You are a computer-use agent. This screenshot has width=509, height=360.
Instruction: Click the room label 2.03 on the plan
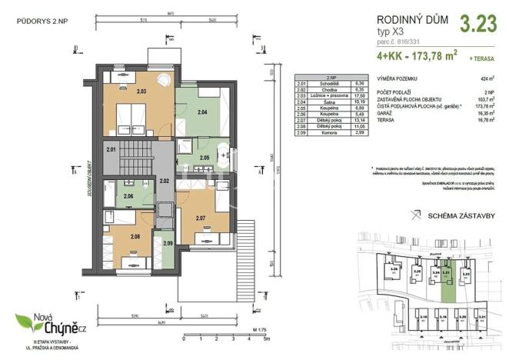(x=141, y=91)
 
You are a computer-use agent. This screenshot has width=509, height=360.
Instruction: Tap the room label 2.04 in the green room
(x=202, y=112)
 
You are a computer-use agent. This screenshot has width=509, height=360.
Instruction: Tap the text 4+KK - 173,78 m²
(x=418, y=56)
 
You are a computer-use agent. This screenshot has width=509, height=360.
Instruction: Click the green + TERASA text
(x=486, y=58)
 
